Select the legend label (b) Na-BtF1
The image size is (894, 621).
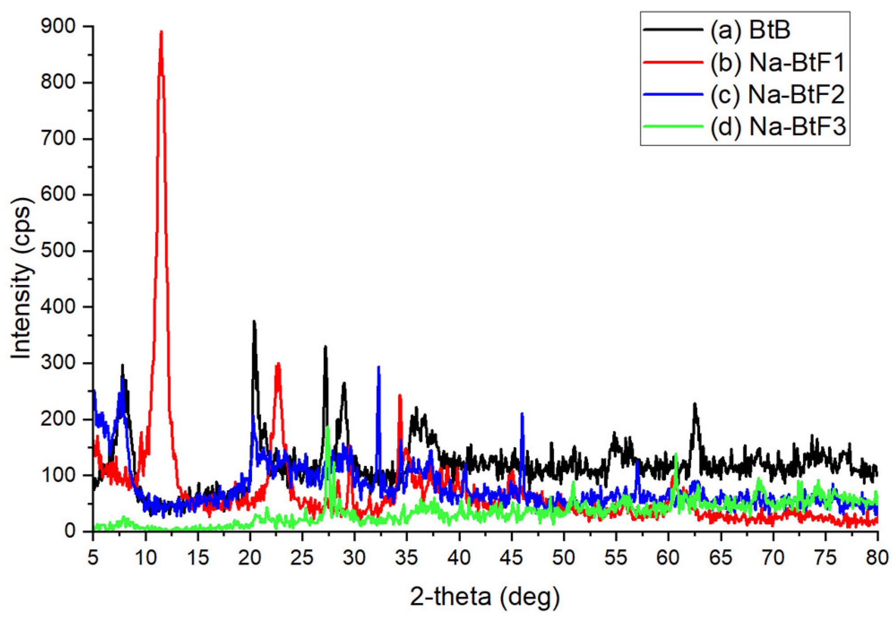pos(777,62)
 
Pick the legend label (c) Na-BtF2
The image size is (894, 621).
pos(777,95)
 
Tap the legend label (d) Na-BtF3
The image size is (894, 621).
pos(778,127)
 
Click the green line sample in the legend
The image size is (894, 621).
pos(672,126)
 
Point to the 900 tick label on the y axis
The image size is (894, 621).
pos(58,26)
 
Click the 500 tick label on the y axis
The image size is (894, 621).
pos(58,250)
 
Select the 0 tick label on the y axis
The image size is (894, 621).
pos(69,531)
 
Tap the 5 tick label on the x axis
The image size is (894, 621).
pos(93,558)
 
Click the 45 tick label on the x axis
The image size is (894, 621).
pos(511,558)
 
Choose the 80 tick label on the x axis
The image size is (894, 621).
pos(877,558)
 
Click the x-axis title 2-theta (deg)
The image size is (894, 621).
pos(485,596)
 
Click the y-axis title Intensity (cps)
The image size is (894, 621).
pos(21,278)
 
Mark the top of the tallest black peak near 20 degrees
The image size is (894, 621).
pos(254,322)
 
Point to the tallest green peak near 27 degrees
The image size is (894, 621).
pos(328,427)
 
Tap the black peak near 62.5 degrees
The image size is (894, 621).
pos(695,404)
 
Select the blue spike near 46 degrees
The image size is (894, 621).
pos(522,414)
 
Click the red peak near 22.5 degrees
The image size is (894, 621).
pos(278,364)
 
